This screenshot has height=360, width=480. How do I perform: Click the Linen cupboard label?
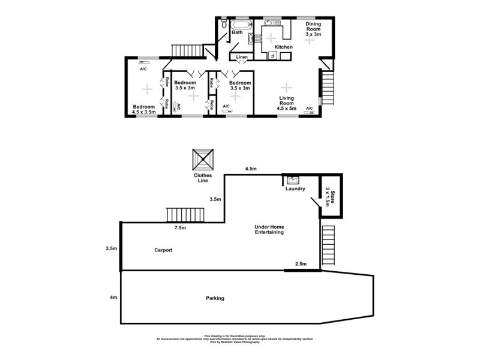pyautogui.click(x=241, y=57)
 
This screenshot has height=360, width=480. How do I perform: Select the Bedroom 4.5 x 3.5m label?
pyautogui.click(x=144, y=109)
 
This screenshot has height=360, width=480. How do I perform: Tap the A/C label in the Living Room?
pyautogui.click(x=310, y=109)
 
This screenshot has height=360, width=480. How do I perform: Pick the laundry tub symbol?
pyautogui.click(x=293, y=179)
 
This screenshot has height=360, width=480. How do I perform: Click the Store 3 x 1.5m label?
pyautogui.click(x=328, y=196)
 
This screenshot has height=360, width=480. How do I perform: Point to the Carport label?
pyautogui.click(x=163, y=250)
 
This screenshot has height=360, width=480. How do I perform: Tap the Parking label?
pyautogui.click(x=215, y=298)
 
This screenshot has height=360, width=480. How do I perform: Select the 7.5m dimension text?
pyautogui.click(x=180, y=228)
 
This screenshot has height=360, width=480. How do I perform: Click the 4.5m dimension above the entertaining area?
pyautogui.click(x=251, y=169)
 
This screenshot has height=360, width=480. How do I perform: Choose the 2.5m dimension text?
pyautogui.click(x=301, y=264)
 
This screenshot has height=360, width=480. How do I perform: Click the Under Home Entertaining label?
pyautogui.click(x=269, y=230)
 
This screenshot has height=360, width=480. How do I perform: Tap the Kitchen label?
pyautogui.click(x=283, y=47)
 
